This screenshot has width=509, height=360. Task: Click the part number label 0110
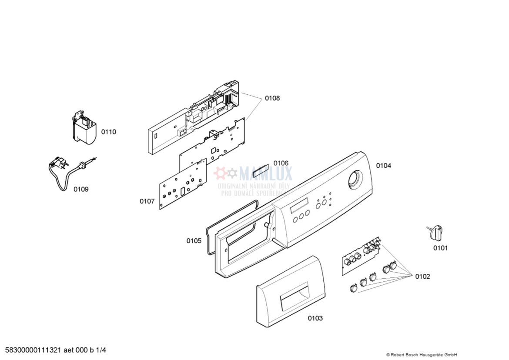[x=109, y=132]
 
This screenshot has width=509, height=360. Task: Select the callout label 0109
[x=81, y=189]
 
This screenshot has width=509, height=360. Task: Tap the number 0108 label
[x=272, y=98]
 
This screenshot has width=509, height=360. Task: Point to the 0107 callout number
[x=147, y=201]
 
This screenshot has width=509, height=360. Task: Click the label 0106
[x=281, y=163]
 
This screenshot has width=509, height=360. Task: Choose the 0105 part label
[x=194, y=240]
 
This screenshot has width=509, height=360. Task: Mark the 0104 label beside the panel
[x=384, y=166]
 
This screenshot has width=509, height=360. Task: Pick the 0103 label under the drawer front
[x=315, y=318]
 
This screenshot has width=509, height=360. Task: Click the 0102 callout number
[x=422, y=277]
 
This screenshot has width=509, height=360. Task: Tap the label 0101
[x=440, y=248]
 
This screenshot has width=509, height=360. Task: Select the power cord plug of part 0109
[x=58, y=165]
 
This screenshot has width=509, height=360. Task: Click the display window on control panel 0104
[x=300, y=205]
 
